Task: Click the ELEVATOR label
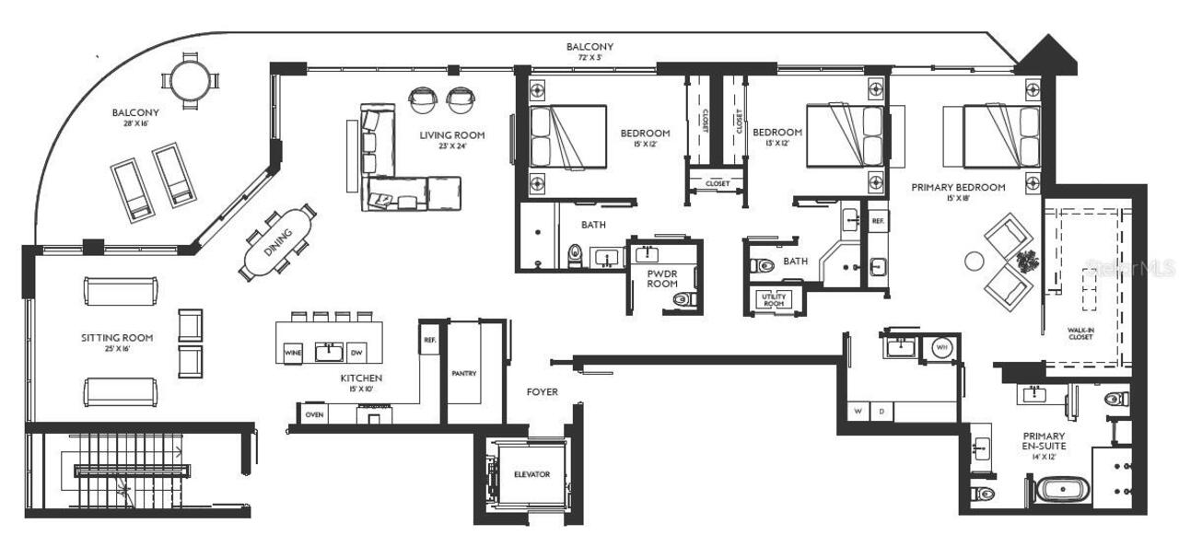531,475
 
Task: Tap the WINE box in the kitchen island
293,353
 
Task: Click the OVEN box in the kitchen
315,415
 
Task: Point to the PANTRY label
463,374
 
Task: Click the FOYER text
543,392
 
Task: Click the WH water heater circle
941,347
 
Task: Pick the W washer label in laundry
858,411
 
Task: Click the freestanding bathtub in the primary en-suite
1061,489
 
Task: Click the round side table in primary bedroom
975,262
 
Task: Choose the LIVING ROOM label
452,142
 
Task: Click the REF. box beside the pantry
429,340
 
